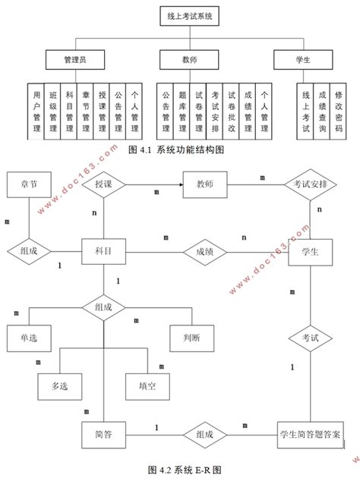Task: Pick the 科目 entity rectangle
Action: (103, 250)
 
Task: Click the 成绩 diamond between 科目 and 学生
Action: (204, 250)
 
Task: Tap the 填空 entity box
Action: (147, 385)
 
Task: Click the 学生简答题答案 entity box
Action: (309, 434)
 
